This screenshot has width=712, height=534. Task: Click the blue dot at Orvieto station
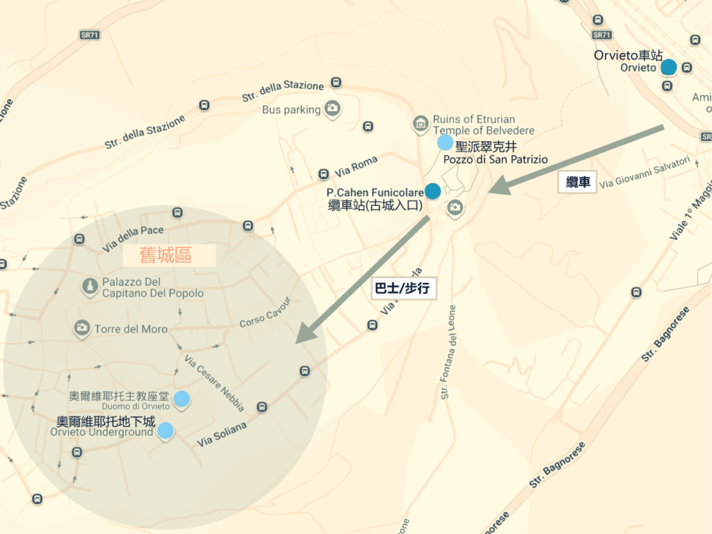click(668, 67)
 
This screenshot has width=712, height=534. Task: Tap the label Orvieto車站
click(629, 55)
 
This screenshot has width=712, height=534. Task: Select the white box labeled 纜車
click(578, 183)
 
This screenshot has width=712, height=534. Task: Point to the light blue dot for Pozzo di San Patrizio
click(445, 143)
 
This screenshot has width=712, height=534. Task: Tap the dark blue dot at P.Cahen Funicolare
click(432, 191)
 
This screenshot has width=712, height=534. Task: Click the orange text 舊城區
click(165, 255)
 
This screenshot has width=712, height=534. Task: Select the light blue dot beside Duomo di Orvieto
click(181, 398)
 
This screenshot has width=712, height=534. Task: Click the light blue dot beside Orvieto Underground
click(165, 430)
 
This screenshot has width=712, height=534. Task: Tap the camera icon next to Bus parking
click(332, 108)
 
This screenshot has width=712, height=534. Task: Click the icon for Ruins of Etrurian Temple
click(419, 124)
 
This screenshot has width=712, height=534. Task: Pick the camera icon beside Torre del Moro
click(82, 327)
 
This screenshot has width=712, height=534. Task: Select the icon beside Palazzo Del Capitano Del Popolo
click(89, 286)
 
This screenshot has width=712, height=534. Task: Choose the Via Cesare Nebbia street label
click(214, 383)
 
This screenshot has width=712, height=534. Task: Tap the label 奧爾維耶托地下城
click(106, 421)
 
